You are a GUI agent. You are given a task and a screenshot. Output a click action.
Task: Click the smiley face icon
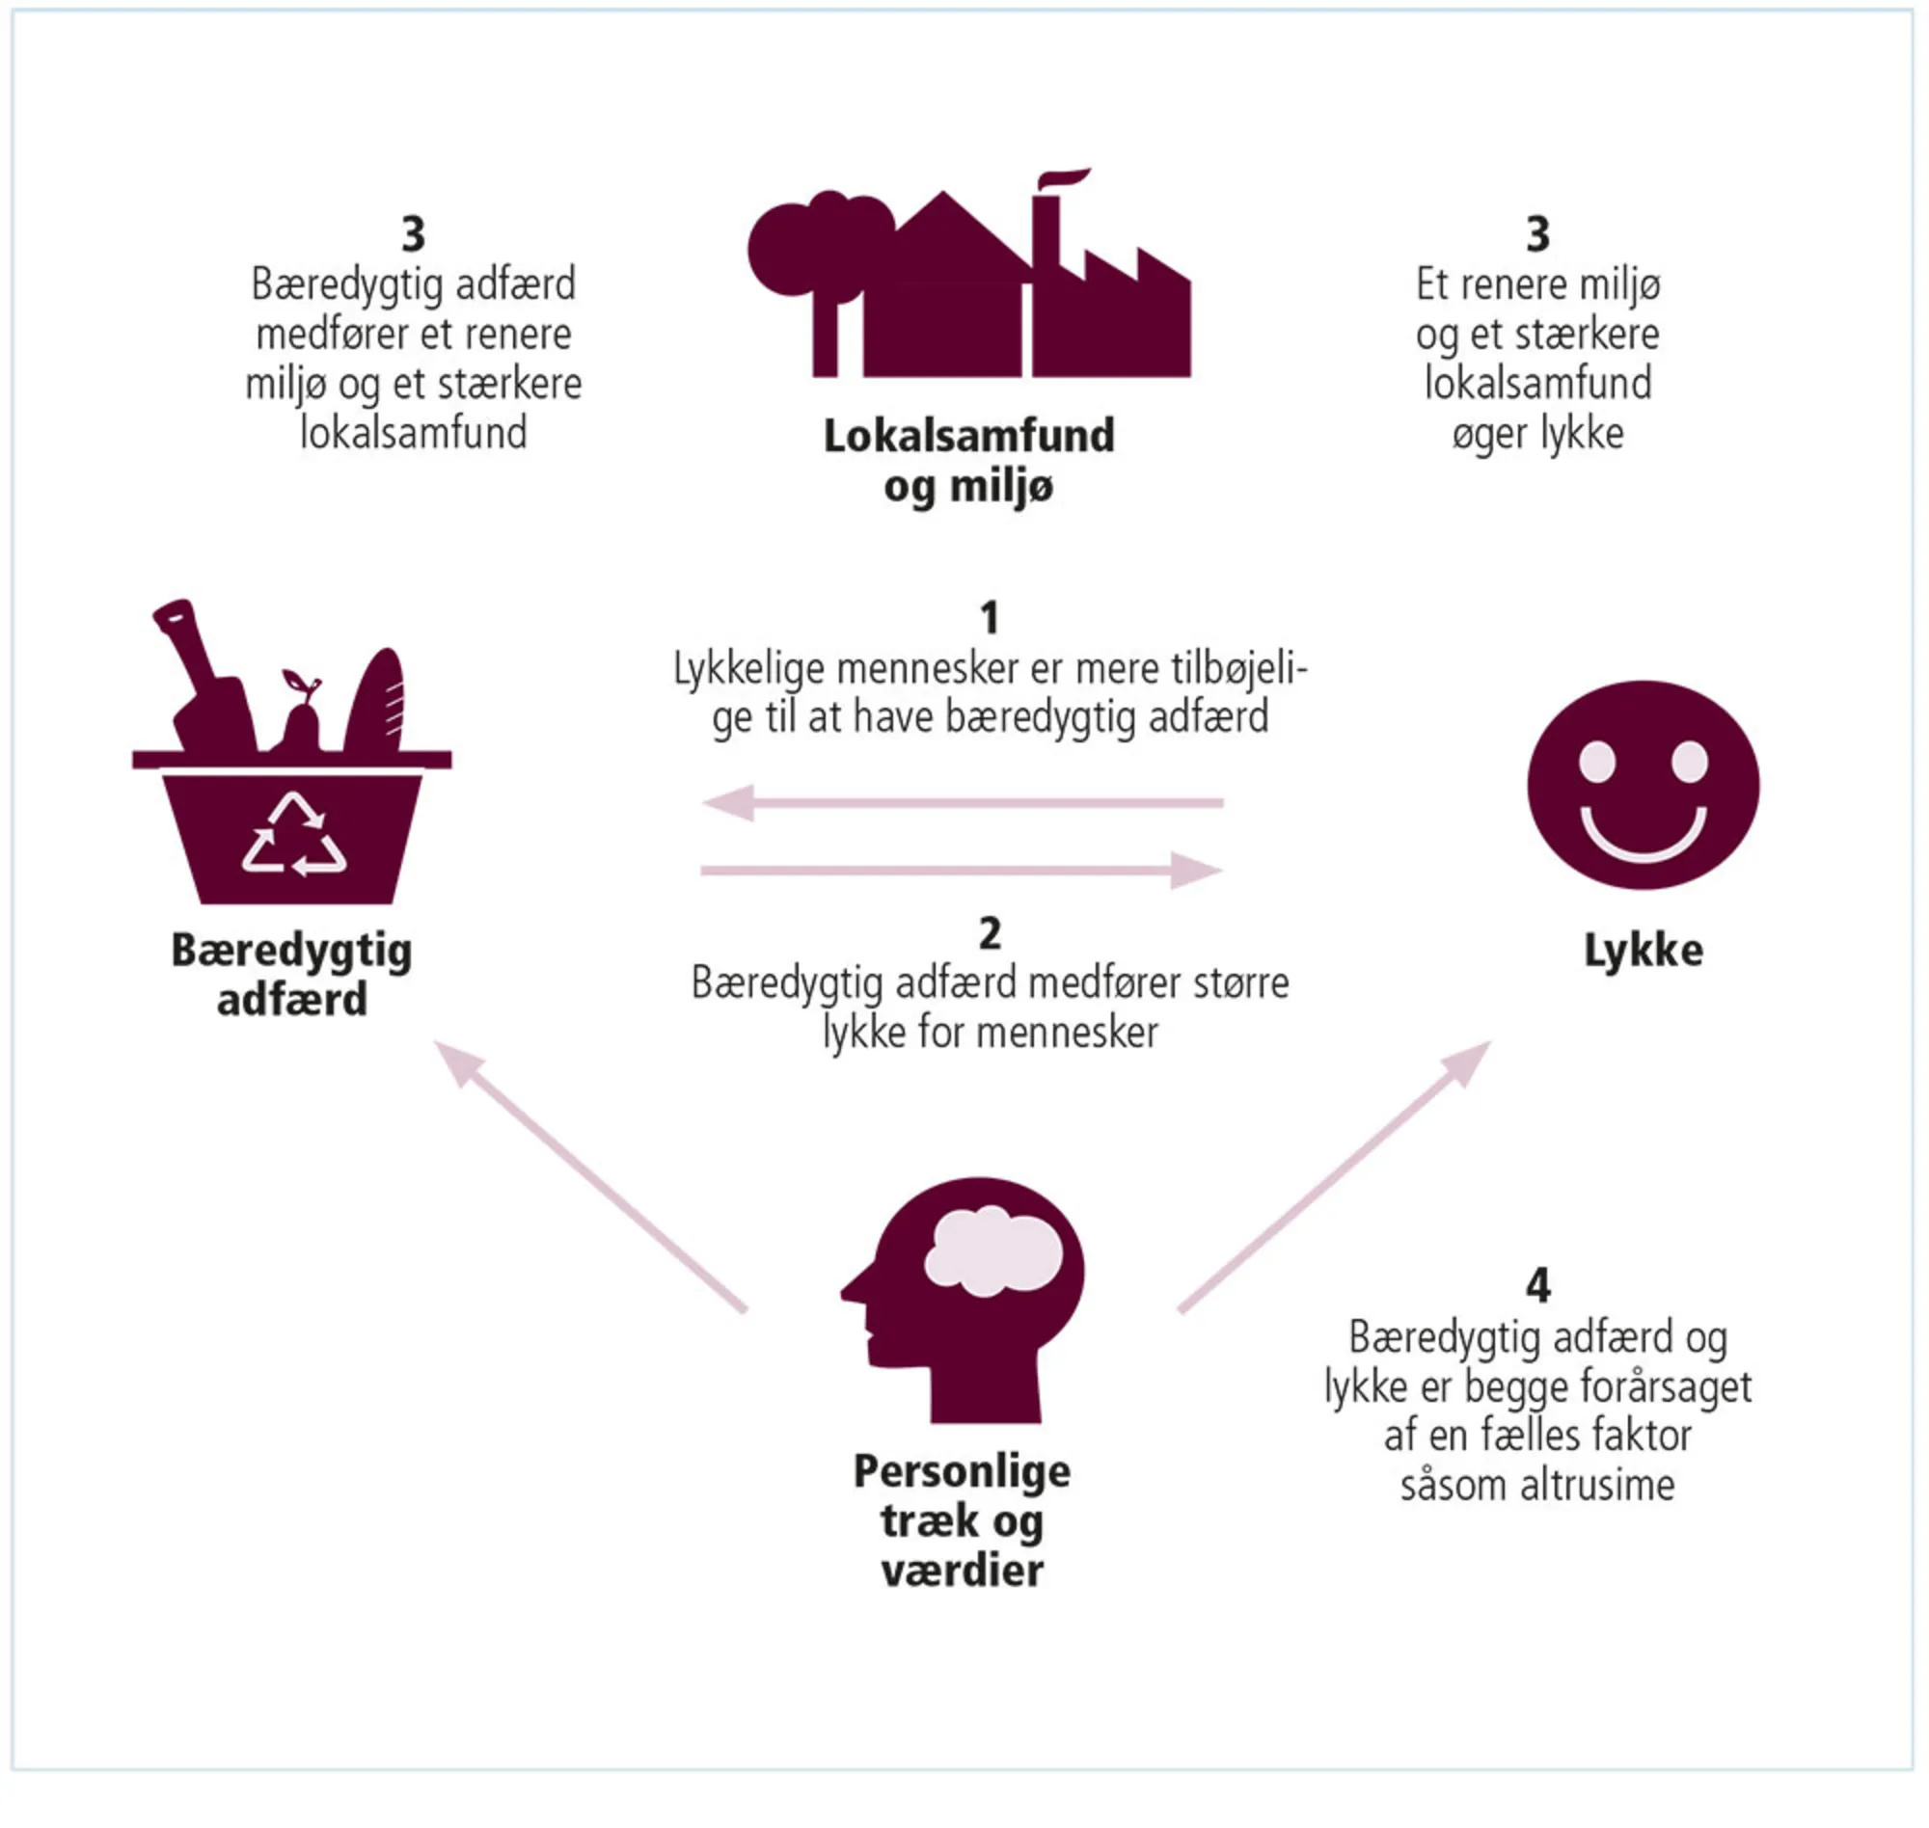[x=1643, y=785]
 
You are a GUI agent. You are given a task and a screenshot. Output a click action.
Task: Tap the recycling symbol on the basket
[x=293, y=835]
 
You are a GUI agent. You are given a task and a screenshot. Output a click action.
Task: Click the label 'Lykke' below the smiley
[x=1644, y=950]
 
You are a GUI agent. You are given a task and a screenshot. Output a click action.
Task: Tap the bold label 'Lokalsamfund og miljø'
[x=969, y=461]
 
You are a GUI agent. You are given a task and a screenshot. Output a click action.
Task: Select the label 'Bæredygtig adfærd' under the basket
[x=291, y=975]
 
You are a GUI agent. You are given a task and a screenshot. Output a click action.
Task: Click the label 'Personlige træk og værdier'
[x=962, y=1521]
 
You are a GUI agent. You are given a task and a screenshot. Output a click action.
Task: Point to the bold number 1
[x=990, y=618]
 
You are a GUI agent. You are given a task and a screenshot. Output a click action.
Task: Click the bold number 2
[x=990, y=933]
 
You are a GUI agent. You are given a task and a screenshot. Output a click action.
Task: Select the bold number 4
[x=1537, y=1285]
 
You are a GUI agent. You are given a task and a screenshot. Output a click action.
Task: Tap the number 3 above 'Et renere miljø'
[x=1537, y=234]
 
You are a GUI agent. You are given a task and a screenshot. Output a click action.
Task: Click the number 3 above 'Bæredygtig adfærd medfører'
[x=413, y=234]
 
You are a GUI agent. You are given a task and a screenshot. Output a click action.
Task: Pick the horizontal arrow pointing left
[x=962, y=803]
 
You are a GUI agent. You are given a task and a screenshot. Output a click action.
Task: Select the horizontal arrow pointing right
[x=962, y=870]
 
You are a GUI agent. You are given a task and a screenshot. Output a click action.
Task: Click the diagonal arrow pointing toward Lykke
[x=1336, y=1176]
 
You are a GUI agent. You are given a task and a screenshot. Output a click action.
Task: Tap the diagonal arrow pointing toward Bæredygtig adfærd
[x=589, y=1176]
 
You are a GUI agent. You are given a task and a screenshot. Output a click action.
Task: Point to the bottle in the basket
[x=206, y=682]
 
